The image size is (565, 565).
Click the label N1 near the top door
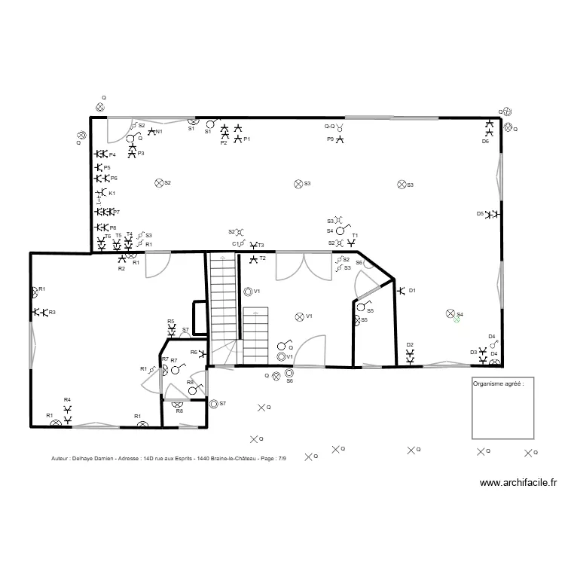click(159, 133)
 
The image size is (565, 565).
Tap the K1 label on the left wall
click(112, 194)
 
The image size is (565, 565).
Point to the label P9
click(330, 139)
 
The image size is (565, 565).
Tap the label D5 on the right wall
click(480, 213)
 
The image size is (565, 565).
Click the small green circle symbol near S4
click(456, 319)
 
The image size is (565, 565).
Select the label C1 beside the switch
click(236, 244)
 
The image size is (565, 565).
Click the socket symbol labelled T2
click(253, 259)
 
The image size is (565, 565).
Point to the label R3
click(52, 312)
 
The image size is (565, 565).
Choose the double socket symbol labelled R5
click(172, 329)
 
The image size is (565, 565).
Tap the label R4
click(67, 399)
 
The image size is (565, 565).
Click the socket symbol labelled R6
click(204, 353)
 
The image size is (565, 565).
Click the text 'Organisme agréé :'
click(497, 383)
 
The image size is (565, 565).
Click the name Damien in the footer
click(103, 458)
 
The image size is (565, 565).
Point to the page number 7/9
click(282, 458)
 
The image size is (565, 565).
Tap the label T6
click(107, 236)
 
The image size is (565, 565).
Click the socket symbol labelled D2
click(411, 357)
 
